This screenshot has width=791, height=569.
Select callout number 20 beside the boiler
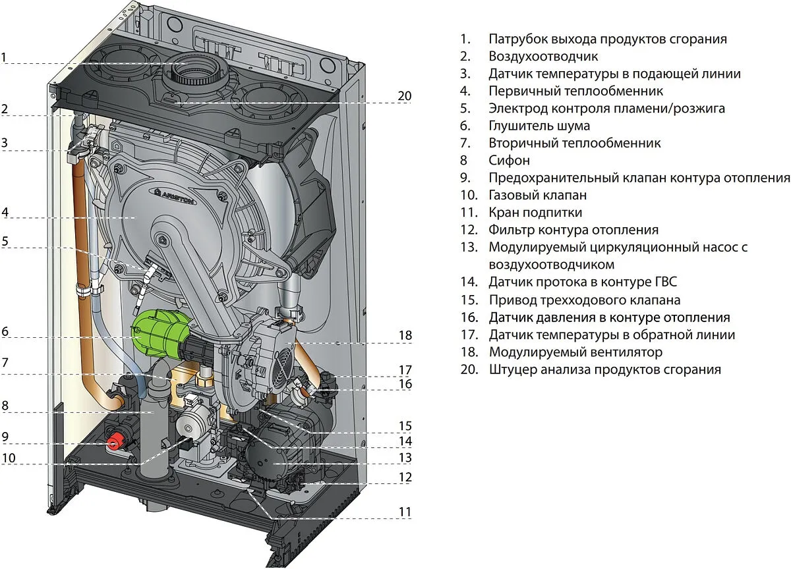[404, 96]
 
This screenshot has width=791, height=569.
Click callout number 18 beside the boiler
[405, 335]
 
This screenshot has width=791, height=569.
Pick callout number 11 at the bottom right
[404, 512]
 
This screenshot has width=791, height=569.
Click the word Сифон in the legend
[509, 160]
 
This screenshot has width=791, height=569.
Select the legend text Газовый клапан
[537, 195]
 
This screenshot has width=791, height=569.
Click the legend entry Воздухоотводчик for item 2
[543, 56]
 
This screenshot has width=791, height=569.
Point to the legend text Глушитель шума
[539, 125]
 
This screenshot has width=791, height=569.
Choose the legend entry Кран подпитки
[535, 213]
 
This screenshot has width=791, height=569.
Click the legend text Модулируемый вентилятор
[575, 352]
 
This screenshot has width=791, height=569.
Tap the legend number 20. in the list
[469, 369]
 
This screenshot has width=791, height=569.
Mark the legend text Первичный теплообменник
[575, 91]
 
